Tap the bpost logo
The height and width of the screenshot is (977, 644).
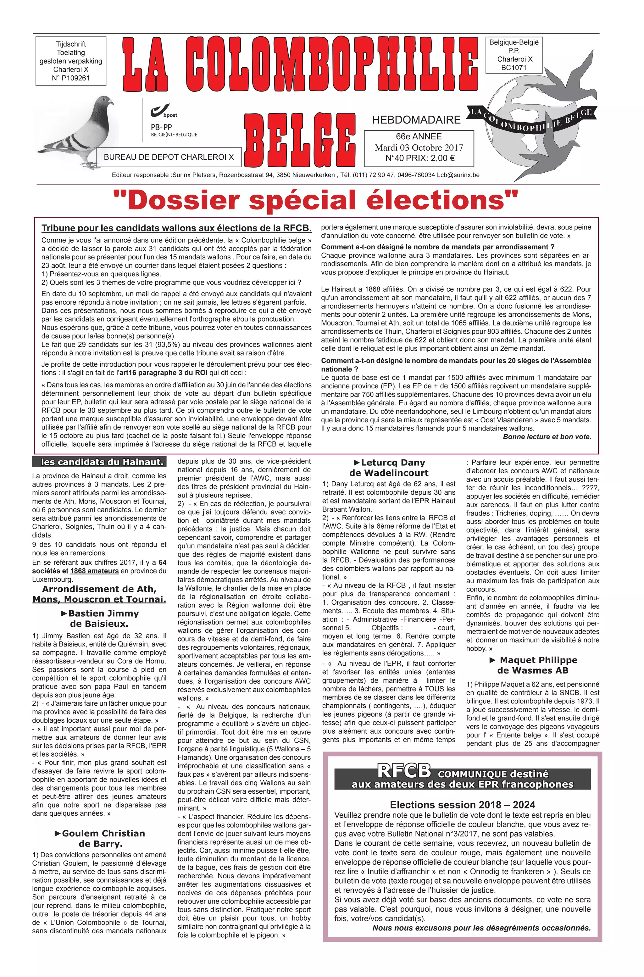[x=164, y=111]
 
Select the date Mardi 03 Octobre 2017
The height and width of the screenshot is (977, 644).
[x=419, y=148]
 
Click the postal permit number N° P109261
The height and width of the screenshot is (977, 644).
[x=71, y=78]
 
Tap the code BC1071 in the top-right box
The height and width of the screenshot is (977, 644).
[x=514, y=68]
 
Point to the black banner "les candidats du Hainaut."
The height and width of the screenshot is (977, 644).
[x=99, y=462]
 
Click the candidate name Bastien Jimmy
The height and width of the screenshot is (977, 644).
[x=103, y=613]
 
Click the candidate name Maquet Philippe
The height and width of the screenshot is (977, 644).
[x=538, y=660]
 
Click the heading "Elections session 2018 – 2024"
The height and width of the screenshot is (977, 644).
[x=463, y=804]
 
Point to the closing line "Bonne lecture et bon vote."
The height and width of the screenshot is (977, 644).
[x=547, y=436]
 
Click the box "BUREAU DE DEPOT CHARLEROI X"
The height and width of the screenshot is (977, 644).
[x=169, y=157]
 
